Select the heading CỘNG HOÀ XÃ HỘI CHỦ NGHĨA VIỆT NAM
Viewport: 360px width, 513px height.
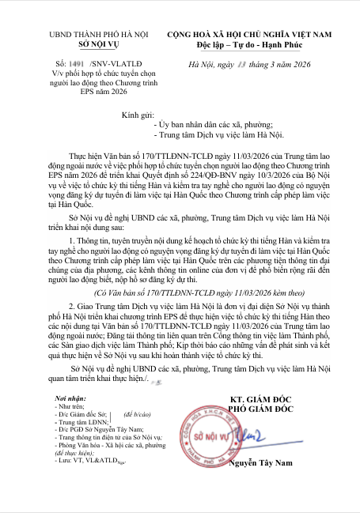pos(248,34)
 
